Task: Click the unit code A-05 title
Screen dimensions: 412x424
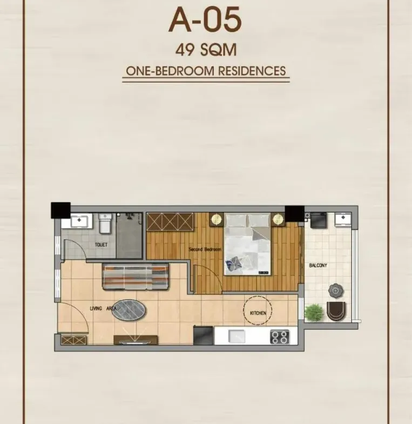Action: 205,19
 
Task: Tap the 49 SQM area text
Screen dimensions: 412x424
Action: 206,50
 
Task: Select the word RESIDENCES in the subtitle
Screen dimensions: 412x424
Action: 252,71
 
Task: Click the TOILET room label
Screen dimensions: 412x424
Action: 101,245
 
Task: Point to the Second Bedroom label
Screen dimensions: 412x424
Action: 205,249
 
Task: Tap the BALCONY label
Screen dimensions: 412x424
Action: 318,265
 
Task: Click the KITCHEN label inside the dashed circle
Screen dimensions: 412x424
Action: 258,313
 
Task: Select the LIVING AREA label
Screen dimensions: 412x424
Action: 103,308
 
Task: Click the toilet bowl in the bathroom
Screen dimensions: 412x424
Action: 105,224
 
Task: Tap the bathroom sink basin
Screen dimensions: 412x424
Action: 79,221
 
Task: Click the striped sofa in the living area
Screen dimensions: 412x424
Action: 135,277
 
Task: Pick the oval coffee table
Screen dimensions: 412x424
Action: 129,310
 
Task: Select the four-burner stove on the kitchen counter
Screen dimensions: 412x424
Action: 280,337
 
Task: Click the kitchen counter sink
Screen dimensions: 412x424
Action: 237,336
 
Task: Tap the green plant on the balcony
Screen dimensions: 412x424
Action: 314,312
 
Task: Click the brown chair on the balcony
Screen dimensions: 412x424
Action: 336,311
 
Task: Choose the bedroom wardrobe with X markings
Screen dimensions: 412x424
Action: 170,222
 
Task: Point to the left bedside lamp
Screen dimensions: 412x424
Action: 217,219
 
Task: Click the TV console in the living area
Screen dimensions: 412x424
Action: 136,340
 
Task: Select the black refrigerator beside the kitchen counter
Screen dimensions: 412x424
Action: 203,335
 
